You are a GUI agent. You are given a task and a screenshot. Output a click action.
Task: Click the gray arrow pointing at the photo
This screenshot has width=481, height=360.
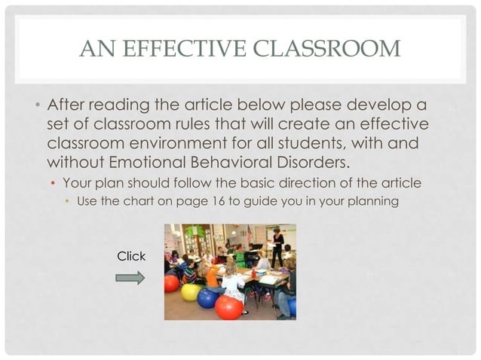(130, 278)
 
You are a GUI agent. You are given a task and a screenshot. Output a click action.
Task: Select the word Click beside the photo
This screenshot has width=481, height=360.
(131, 257)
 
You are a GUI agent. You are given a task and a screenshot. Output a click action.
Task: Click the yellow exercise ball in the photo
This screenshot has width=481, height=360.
(191, 291)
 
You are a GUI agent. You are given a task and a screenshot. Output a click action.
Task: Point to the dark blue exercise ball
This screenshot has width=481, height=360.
(207, 298)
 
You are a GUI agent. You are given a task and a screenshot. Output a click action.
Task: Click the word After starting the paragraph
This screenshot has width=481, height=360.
(67, 103)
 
